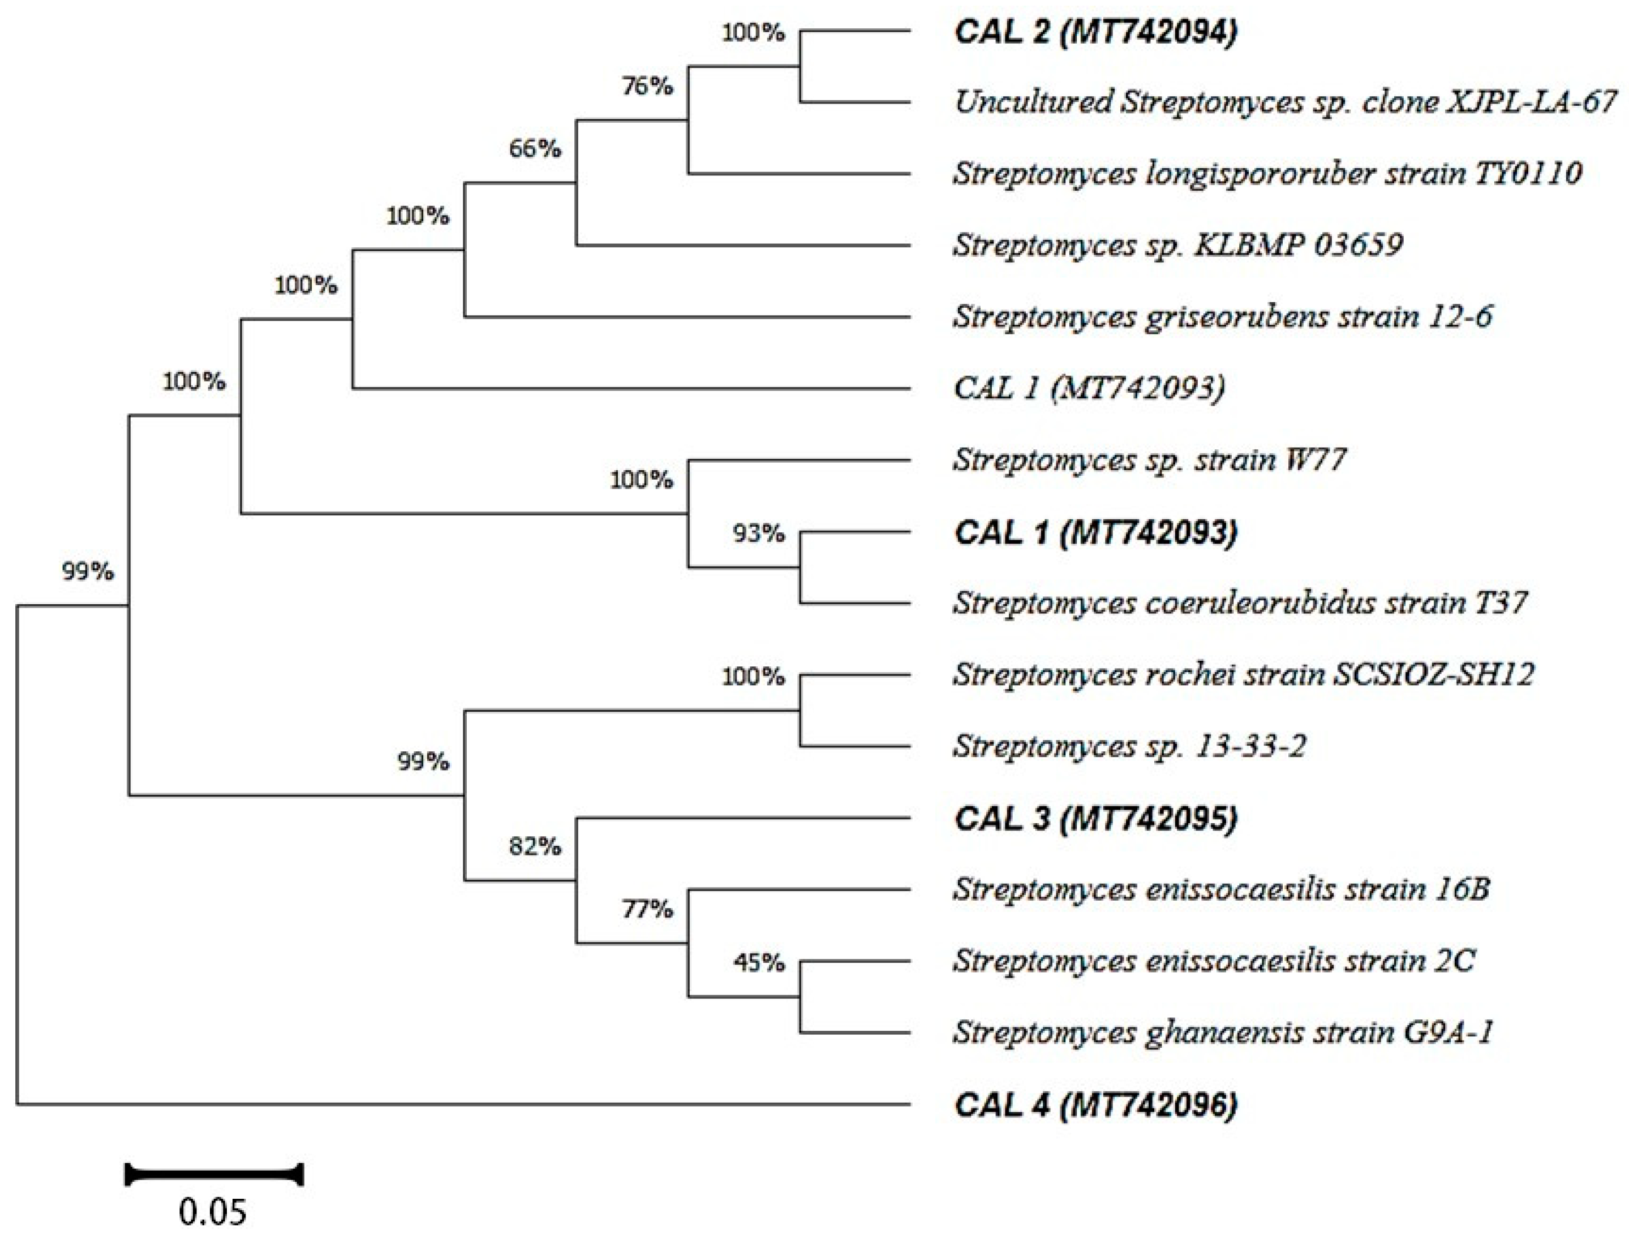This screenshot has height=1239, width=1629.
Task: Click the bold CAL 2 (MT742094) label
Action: coord(1095,32)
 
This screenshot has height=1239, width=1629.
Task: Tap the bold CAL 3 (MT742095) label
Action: coord(1095,819)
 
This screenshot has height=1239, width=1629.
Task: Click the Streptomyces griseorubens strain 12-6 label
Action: coord(1222,316)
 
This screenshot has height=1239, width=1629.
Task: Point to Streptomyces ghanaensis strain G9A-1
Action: coord(1223,1032)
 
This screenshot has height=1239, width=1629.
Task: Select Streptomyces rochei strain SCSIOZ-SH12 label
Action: coord(1243,674)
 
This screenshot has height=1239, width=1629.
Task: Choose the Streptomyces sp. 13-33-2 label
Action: coord(1129,746)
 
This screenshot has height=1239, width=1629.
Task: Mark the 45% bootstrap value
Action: coord(759,962)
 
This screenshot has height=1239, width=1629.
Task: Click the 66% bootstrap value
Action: coord(535,149)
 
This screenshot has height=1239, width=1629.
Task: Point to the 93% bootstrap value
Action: coord(759,532)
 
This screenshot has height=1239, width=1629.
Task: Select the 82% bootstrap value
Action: coord(535,846)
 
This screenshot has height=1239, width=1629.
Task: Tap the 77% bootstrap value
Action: coord(647,909)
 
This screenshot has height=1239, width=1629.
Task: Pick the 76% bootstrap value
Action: coord(647,87)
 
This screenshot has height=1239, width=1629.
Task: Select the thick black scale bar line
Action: coord(214,1174)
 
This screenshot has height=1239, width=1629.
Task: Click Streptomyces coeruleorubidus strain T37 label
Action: coord(1240,603)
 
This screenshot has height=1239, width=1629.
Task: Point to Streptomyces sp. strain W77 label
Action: coord(1150,459)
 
